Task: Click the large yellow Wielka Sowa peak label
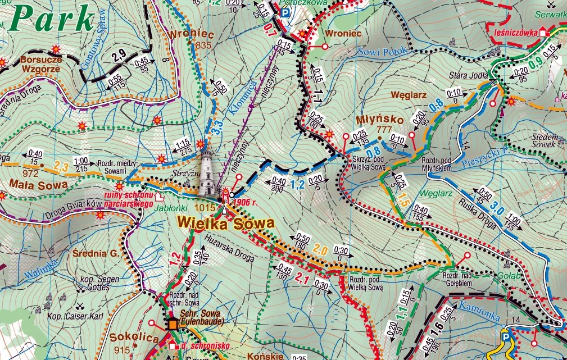point(226,224)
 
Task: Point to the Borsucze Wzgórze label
point(41,63)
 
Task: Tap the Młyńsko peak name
point(373,120)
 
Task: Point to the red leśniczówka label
point(514,33)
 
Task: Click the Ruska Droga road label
point(478,212)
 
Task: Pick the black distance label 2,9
point(119,55)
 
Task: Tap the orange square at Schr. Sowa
point(173,324)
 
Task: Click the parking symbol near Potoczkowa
point(286,12)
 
